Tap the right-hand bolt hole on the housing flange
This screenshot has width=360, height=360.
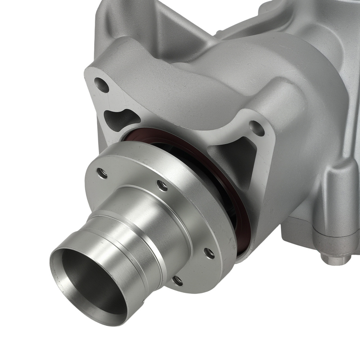tap(257, 129)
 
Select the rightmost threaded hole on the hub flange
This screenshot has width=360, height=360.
tap(209, 253)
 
